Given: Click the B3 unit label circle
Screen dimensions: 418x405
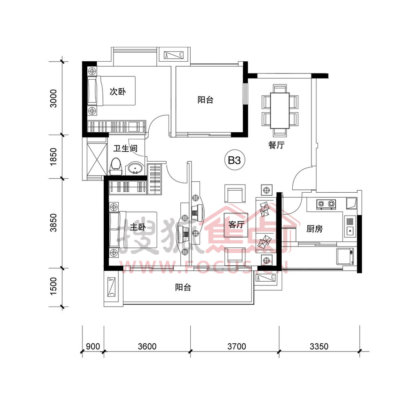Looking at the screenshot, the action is (x=234, y=160).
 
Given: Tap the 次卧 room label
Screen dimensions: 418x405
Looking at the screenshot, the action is (x=118, y=91).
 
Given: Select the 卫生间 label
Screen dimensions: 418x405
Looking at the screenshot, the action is (x=125, y=149).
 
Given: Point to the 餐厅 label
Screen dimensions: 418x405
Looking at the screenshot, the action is (x=276, y=145).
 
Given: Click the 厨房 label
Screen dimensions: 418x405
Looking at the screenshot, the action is (x=314, y=229).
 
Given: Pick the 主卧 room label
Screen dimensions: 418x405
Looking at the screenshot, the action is (x=138, y=227).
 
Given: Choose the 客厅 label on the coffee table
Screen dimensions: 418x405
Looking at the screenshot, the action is (x=236, y=225).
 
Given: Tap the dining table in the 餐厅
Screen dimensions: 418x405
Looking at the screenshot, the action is (x=280, y=110).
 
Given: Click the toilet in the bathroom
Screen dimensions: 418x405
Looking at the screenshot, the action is (x=116, y=167).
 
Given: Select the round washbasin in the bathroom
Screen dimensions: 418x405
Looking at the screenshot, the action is (x=136, y=169).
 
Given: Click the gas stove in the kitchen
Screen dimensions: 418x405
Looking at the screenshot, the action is (x=326, y=204).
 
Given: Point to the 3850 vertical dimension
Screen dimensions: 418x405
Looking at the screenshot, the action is (x=53, y=223).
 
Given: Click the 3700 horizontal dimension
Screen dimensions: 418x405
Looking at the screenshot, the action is (x=236, y=346).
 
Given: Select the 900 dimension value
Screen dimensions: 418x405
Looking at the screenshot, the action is (x=93, y=346).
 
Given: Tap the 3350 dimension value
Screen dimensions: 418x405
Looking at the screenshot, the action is (x=319, y=346).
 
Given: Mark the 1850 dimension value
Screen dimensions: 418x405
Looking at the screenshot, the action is (x=53, y=157).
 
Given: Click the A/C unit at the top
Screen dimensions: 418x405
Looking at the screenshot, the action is (x=174, y=55).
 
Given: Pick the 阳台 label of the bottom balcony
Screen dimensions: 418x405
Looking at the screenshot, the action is (x=183, y=287).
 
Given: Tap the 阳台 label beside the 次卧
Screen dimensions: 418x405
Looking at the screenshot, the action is (x=205, y=100).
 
